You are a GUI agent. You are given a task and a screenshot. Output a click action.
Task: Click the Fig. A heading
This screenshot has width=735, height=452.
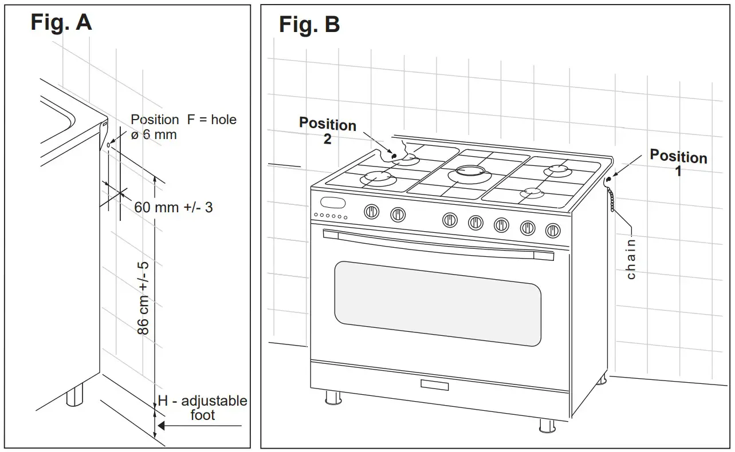pyautogui.click(x=61, y=22)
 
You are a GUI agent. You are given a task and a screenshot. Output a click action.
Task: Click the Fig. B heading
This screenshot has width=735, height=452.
pyautogui.click(x=309, y=25)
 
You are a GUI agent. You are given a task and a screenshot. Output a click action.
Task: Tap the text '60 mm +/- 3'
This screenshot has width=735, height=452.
pyautogui.click(x=173, y=207)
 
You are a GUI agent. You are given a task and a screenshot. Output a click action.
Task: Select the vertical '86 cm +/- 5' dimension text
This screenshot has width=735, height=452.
pyautogui.click(x=144, y=298)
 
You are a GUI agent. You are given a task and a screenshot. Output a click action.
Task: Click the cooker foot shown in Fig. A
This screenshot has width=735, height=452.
pyautogui.click(x=74, y=394)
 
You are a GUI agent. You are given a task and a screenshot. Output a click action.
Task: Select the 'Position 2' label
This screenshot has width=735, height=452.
pyautogui.click(x=328, y=131)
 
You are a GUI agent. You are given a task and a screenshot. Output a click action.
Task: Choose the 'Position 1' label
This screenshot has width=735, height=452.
pyautogui.click(x=678, y=163)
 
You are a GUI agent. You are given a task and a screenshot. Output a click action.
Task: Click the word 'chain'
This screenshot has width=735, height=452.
pyautogui.click(x=631, y=259)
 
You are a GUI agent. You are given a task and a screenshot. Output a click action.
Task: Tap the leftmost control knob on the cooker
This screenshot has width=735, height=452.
pyautogui.click(x=372, y=212)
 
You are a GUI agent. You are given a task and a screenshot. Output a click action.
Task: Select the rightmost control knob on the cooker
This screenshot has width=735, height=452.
pyautogui.click(x=553, y=230)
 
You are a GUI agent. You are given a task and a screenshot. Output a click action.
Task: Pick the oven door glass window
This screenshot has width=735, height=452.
pyautogui.click(x=438, y=303)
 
